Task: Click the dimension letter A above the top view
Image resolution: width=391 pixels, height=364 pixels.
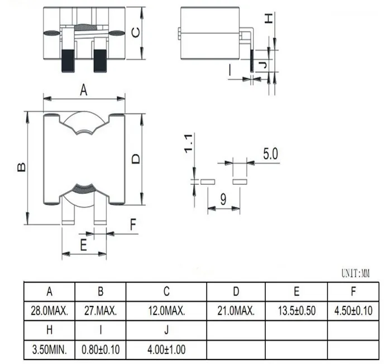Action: [84, 90]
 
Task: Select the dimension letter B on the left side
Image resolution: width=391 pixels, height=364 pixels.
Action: [21, 167]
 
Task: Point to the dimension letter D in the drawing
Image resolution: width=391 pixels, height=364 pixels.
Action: [136, 159]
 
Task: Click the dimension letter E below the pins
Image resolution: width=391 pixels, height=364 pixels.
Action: [84, 244]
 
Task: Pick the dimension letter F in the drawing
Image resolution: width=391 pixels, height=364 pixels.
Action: [133, 226]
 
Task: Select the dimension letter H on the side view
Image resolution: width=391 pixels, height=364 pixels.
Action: [269, 18]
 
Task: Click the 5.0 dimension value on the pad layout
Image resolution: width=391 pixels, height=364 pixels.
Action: [270, 154]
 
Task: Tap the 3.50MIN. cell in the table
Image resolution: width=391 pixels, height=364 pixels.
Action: [49, 349]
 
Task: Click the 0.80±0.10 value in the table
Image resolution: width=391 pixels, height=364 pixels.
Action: [101, 349]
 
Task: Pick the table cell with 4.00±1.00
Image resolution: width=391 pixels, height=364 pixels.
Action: [166, 349]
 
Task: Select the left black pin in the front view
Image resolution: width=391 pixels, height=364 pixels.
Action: [68, 60]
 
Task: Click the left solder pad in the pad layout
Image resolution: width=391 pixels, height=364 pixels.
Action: [208, 181]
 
